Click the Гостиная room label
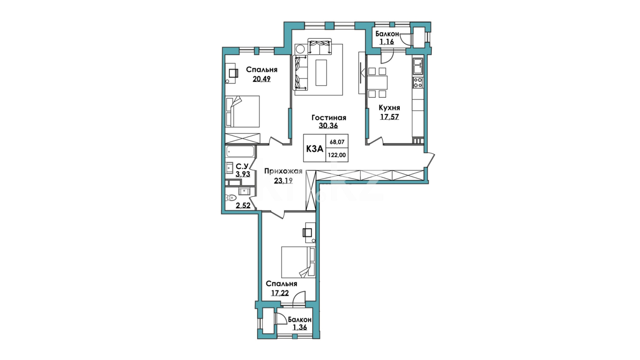tap(329, 118)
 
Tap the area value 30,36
tap(329, 126)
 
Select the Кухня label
tap(389, 108)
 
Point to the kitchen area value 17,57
tap(389, 117)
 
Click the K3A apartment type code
tap(314, 149)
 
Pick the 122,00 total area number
tap(337, 155)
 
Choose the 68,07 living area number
tap(337, 142)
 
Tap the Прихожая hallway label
tap(283, 171)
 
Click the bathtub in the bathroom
tap(240, 152)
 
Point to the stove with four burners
tap(418, 83)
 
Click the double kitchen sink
tap(418, 66)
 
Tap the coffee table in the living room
tap(321, 72)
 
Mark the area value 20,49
tap(262, 79)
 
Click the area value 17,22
tap(280, 293)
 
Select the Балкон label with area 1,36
tap(300, 320)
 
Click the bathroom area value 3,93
tap(243, 174)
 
